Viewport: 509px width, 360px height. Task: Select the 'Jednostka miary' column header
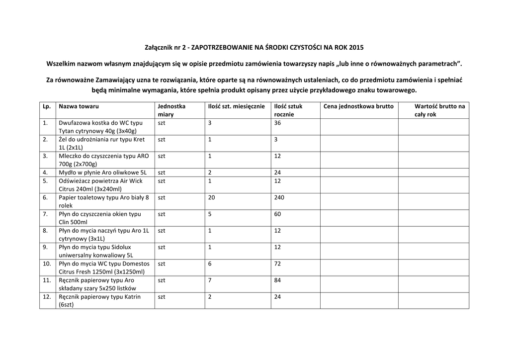click(171, 110)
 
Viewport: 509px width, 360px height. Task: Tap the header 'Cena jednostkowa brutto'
click(358, 106)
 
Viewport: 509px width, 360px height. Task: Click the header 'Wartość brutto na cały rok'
click(439, 110)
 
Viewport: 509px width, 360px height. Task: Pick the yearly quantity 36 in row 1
click(277, 123)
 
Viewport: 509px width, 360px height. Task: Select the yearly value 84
click(277, 280)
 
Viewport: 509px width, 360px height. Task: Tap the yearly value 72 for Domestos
click(277, 264)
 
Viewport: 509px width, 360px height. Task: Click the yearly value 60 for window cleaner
click(277, 214)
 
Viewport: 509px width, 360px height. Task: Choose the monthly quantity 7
click(210, 280)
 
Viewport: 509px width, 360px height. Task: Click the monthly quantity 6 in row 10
click(210, 264)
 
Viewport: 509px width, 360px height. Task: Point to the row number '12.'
click(47, 297)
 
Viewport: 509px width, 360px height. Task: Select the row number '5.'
click(45, 180)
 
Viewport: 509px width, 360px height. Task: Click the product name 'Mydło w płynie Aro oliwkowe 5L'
click(102, 173)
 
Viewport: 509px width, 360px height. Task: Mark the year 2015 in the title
click(356, 48)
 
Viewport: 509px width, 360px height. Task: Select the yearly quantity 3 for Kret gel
click(276, 140)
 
